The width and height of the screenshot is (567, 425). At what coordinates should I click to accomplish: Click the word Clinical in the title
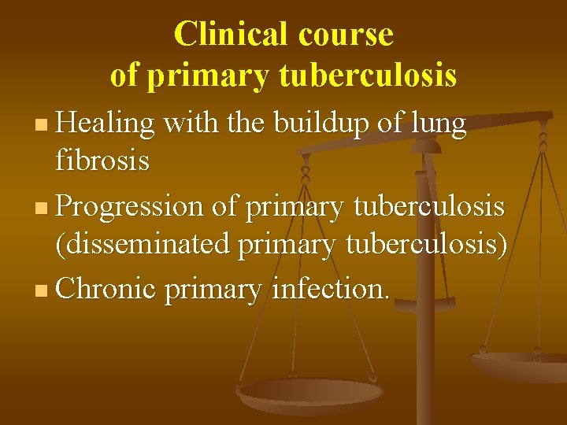click(x=232, y=35)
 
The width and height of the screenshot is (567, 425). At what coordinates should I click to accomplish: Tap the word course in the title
click(x=346, y=35)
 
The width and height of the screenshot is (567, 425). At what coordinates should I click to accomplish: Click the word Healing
click(x=106, y=124)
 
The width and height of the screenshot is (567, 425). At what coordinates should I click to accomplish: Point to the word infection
click(x=330, y=289)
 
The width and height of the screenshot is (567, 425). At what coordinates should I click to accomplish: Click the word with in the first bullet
click(x=189, y=124)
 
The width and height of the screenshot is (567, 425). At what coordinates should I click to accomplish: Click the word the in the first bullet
click(x=246, y=124)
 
